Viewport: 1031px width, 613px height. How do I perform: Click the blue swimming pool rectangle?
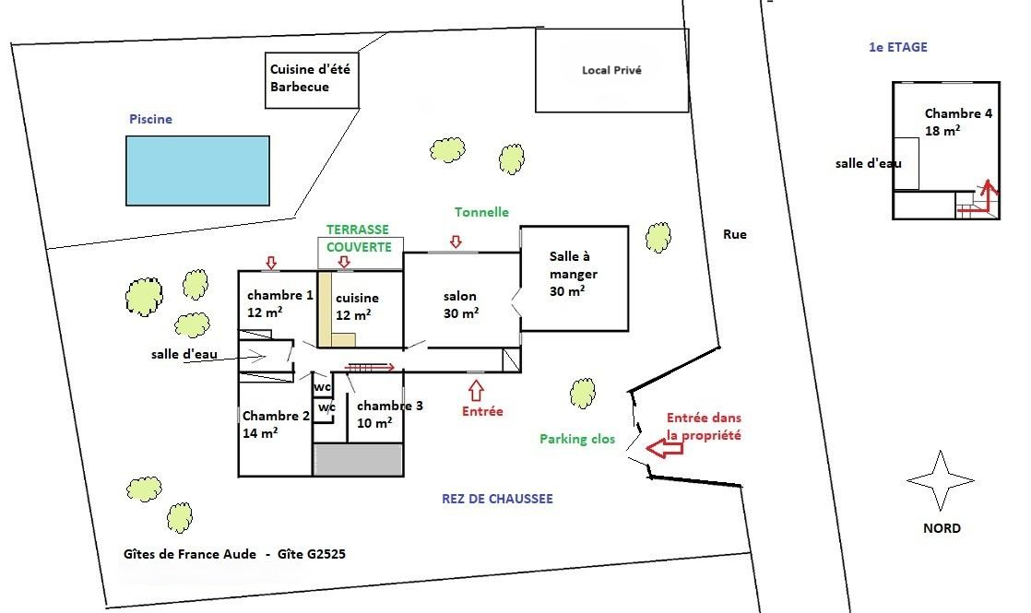[x=198, y=171]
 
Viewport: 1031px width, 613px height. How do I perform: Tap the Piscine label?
[x=150, y=119]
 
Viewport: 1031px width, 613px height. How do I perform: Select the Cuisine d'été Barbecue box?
[x=312, y=80]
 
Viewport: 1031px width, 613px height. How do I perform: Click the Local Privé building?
[x=611, y=70]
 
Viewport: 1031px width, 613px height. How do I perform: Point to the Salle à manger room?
[x=575, y=278]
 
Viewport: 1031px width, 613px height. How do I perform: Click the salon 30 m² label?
[x=460, y=305]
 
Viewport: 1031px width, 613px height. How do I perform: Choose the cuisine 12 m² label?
[x=357, y=306]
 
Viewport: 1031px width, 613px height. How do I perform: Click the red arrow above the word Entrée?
[x=476, y=391]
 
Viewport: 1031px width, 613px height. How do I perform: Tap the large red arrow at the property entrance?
[x=664, y=448]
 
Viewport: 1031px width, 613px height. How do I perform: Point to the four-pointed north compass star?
[x=941, y=480]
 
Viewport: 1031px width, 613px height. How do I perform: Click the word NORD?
[x=942, y=528]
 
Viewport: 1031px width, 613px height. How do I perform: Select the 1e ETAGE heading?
[x=898, y=47]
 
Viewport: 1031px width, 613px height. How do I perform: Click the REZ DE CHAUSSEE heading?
[x=497, y=499]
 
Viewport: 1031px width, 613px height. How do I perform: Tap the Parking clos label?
[x=577, y=439]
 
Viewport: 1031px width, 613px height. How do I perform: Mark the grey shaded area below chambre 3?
[x=358, y=459]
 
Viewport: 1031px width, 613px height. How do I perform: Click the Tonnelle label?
[x=481, y=212]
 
